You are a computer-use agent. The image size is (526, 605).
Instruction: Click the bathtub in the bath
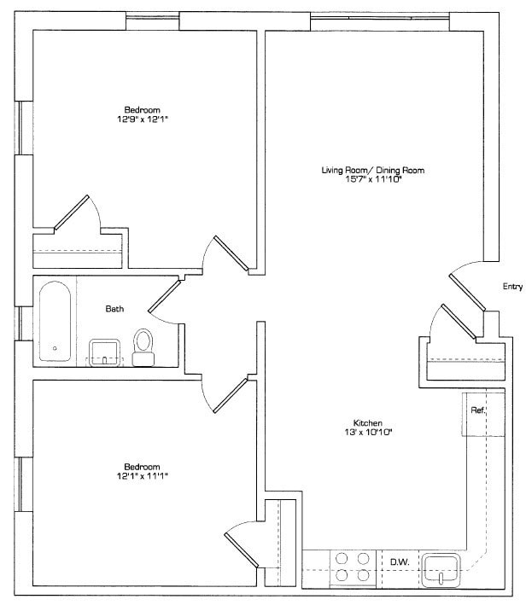[x=56, y=322]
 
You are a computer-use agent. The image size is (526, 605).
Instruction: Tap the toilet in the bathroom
[x=143, y=346]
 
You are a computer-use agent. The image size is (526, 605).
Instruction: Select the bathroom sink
[x=106, y=352]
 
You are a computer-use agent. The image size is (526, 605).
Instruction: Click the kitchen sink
[x=441, y=567]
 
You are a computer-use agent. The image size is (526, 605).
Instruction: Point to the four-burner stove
[x=353, y=567]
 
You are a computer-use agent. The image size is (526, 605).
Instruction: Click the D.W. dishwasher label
[x=399, y=561]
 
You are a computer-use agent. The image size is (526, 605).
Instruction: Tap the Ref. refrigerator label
[x=477, y=411]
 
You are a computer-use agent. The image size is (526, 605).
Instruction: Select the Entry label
[x=511, y=288]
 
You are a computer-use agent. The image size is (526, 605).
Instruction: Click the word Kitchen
[x=367, y=422]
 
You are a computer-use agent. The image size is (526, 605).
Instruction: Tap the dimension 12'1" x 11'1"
[x=142, y=475]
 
